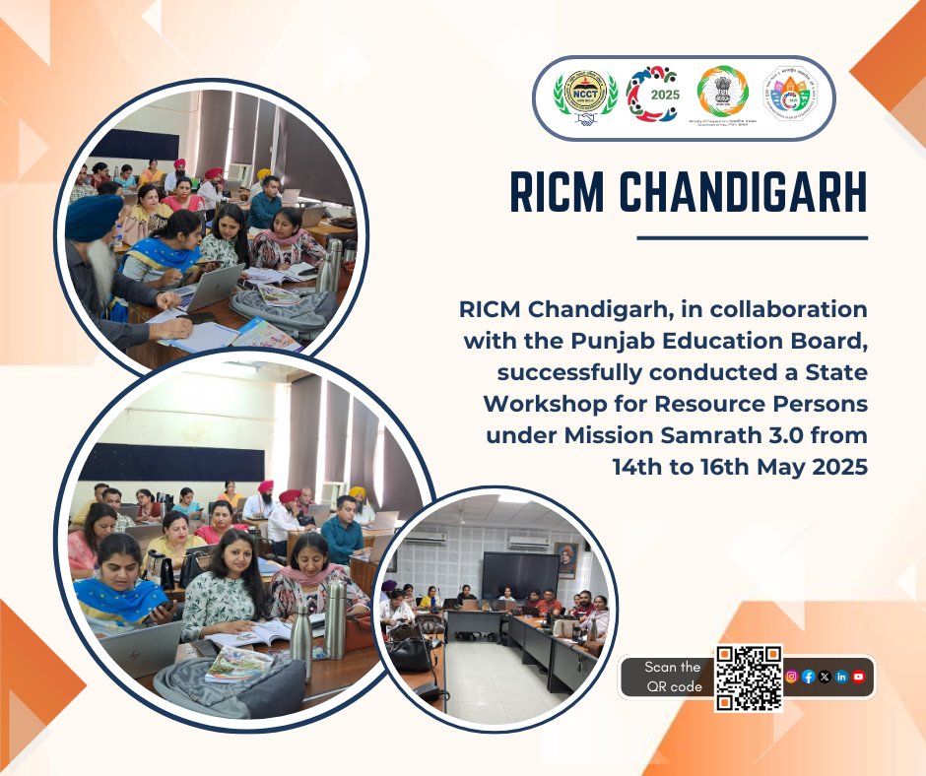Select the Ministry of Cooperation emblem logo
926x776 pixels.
(x=722, y=97)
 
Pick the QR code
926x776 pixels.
(x=749, y=678)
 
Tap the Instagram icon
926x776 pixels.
(x=791, y=677)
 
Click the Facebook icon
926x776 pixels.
(x=808, y=677)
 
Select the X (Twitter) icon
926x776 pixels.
(x=825, y=677)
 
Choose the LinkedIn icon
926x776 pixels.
(x=841, y=677)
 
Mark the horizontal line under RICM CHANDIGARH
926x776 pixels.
(x=752, y=237)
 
